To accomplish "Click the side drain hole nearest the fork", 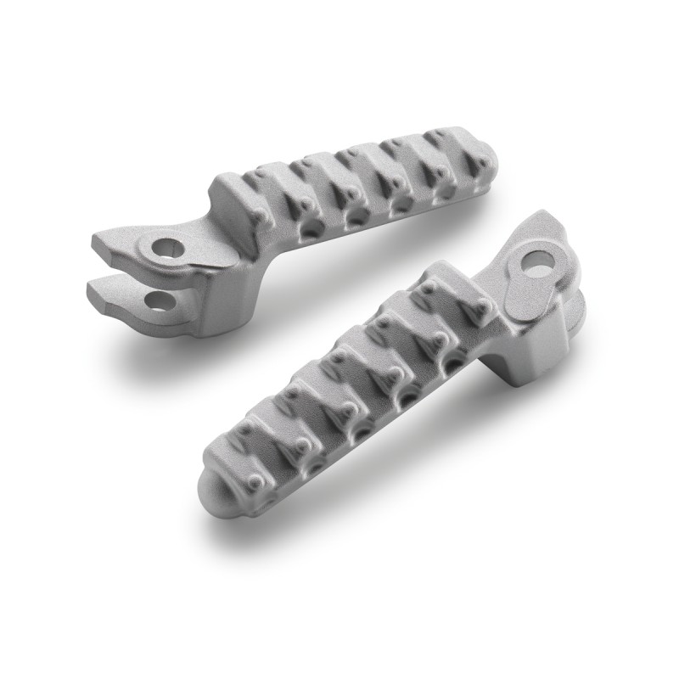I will [x=314, y=227].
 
